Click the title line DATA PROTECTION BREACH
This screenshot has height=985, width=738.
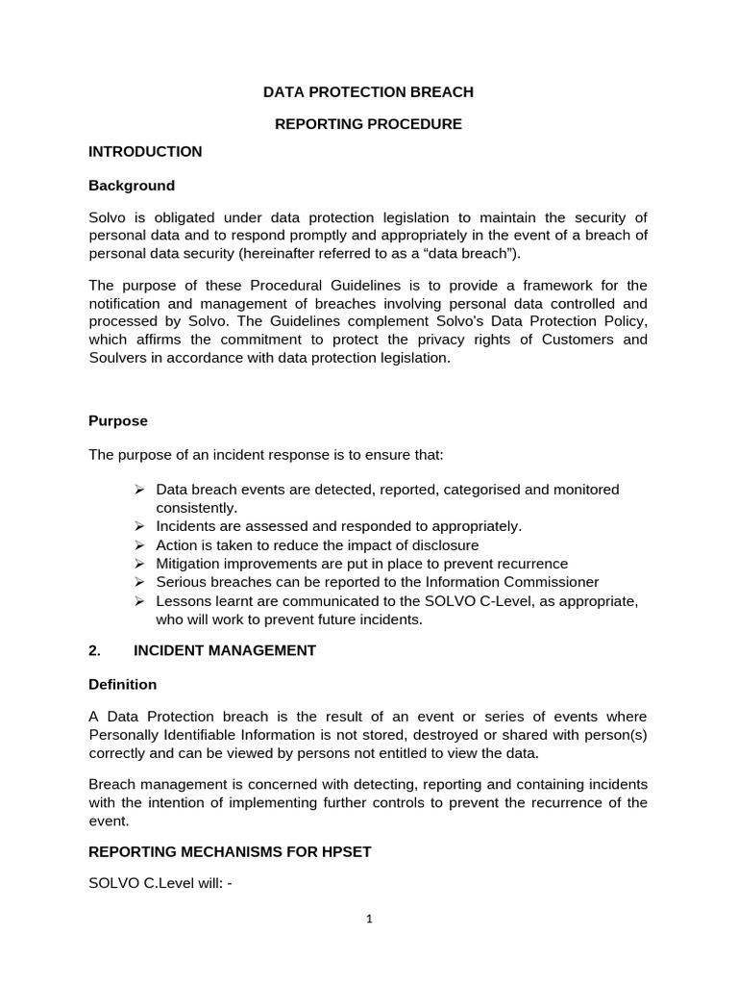(369, 92)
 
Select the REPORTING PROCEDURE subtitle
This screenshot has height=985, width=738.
(369, 124)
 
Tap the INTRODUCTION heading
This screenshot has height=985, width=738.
(145, 151)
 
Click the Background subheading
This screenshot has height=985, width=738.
(132, 185)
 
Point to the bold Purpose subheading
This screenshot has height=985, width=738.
(118, 420)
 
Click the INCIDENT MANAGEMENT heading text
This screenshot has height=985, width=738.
(224, 650)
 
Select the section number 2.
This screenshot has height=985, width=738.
(94, 650)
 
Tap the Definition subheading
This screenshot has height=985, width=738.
(122, 684)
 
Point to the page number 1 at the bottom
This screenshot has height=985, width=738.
(369, 919)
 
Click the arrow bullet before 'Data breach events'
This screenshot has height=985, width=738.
(139, 490)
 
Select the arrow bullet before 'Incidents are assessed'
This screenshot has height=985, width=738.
(139, 526)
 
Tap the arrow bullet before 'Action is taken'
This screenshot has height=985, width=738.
(139, 544)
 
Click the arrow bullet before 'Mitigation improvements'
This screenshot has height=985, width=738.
(139, 563)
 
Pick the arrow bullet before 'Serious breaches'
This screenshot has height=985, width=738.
(139, 582)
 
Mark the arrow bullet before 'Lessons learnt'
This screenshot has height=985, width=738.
(139, 600)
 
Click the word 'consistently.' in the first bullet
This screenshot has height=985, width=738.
(196, 508)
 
